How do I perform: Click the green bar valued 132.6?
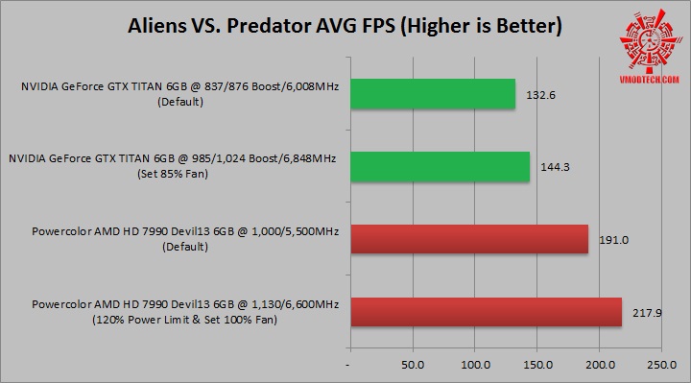433,94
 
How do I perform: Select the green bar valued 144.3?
440,166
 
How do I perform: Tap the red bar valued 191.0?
469,239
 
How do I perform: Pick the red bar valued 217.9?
486,312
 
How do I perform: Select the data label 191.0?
612,240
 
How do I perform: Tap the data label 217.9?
645,312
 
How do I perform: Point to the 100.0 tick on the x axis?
475,366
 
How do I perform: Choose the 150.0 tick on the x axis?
537,366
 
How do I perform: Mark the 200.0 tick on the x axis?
600,366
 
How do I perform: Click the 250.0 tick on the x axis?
662,366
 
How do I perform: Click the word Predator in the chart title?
279,26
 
